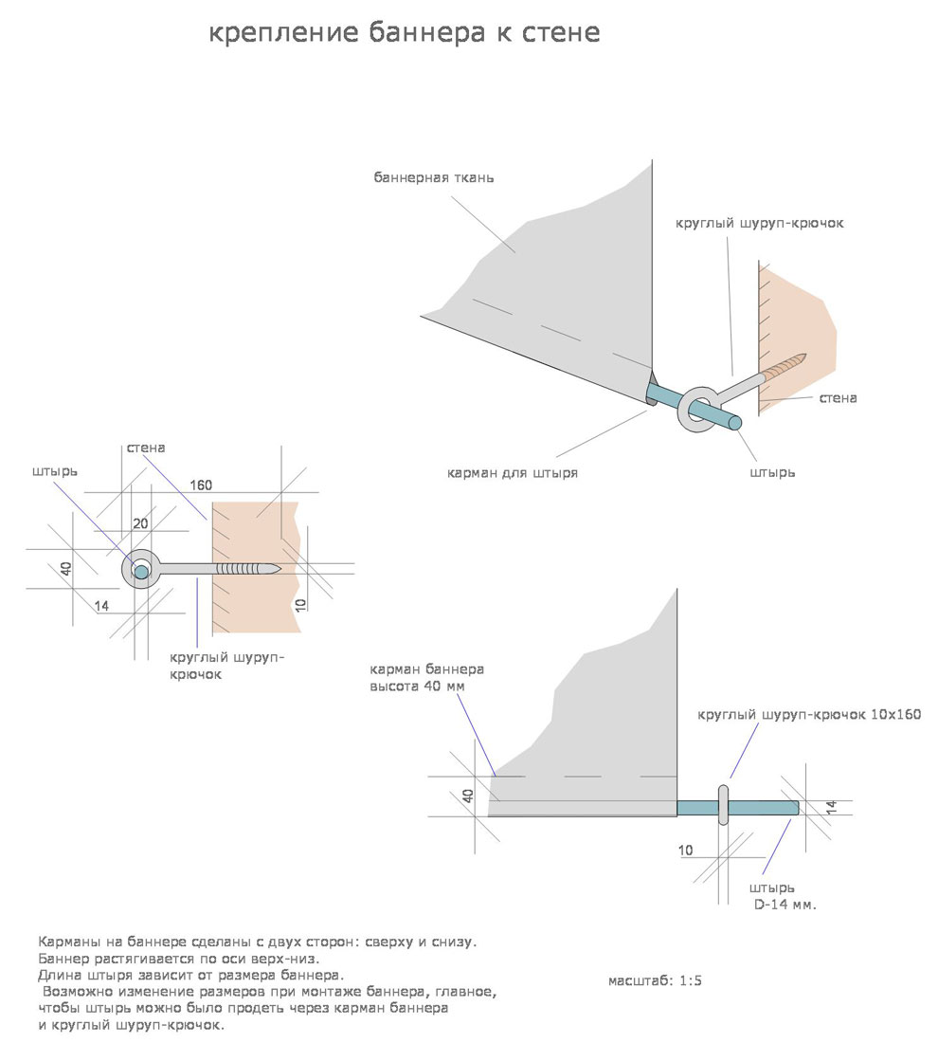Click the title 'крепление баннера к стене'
click(x=404, y=34)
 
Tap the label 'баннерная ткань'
click(x=433, y=178)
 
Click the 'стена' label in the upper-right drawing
click(x=838, y=398)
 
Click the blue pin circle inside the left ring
click(x=141, y=570)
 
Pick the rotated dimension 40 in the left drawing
click(x=65, y=570)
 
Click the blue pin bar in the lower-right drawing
click(x=758, y=807)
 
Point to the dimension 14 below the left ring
click(x=102, y=604)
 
